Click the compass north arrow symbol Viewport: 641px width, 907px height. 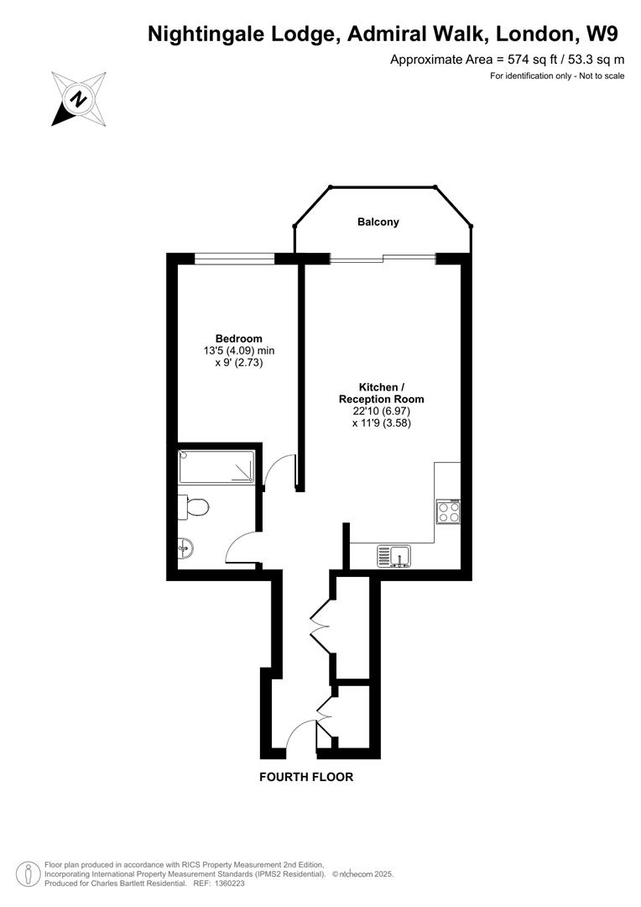click(x=78, y=99)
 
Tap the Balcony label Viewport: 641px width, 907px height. click(x=378, y=223)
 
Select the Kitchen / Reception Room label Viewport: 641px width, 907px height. click(x=381, y=393)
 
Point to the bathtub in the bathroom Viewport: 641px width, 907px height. click(x=217, y=467)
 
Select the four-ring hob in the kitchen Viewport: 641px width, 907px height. click(x=448, y=511)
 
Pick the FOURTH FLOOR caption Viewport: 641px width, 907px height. click(x=306, y=777)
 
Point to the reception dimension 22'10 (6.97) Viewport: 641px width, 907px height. click(x=381, y=412)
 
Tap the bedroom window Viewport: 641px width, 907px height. click(x=234, y=259)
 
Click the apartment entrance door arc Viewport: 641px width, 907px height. click(x=298, y=737)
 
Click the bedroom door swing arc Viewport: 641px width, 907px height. click(x=277, y=472)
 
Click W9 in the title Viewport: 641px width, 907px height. click(x=602, y=34)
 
